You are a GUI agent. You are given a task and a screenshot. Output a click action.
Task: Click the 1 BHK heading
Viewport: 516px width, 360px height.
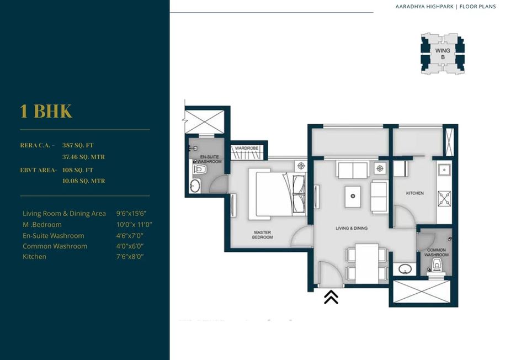tap(46, 111)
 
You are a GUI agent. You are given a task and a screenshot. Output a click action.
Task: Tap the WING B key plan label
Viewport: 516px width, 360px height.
tap(443, 54)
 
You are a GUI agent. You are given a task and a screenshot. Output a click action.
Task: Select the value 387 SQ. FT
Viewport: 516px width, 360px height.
tap(78, 145)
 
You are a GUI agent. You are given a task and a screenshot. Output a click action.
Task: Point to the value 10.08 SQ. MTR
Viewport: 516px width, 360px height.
tap(83, 181)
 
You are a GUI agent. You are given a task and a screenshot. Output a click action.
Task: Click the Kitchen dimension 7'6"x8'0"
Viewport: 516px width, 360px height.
tap(130, 257)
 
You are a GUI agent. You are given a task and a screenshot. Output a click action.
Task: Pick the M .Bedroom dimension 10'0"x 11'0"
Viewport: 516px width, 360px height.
tap(134, 225)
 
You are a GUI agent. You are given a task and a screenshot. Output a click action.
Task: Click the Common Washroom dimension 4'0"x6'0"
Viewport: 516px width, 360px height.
tap(130, 246)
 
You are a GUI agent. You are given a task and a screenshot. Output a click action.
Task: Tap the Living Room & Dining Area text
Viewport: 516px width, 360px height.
tap(64, 214)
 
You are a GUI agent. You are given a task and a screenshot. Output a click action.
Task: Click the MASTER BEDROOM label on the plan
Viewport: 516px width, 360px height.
tap(263, 234)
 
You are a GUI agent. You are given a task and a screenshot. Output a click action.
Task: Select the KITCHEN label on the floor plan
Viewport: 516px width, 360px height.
tap(415, 193)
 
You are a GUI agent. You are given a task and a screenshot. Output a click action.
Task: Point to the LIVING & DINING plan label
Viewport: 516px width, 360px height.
tap(352, 228)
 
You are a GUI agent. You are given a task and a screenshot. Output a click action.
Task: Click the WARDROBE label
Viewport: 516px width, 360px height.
tap(247, 149)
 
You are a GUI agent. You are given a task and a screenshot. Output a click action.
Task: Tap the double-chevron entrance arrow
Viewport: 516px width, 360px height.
tap(331, 297)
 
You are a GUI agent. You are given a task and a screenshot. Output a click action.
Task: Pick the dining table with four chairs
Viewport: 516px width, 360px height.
tap(366, 263)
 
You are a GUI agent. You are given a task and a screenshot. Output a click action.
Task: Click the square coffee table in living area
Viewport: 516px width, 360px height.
tap(353, 195)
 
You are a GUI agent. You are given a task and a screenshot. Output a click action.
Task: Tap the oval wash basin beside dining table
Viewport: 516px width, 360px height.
tap(405, 270)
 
